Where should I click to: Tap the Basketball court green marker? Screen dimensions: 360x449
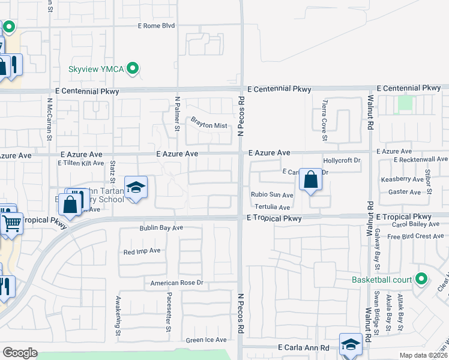pos(421,279)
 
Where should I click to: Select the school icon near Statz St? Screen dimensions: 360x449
pos(136,187)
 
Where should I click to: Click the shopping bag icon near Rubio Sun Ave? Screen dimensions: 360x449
pos(310,179)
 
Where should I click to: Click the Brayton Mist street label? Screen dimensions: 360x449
pos(209,125)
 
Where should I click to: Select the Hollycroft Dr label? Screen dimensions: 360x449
pos(341,161)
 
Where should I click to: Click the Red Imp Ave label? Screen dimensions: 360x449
pos(142,251)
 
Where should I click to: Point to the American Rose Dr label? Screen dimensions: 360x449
pos(177,283)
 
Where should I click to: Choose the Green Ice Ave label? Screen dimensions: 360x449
pos(206,340)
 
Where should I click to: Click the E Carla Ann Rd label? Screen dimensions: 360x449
pos(304,347)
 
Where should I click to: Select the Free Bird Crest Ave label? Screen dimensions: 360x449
pos(415,236)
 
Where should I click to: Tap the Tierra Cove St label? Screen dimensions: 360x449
pos(325,120)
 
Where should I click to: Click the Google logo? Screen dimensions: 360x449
pos(20,353)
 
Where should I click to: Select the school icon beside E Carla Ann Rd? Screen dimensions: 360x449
pos(351,344)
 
